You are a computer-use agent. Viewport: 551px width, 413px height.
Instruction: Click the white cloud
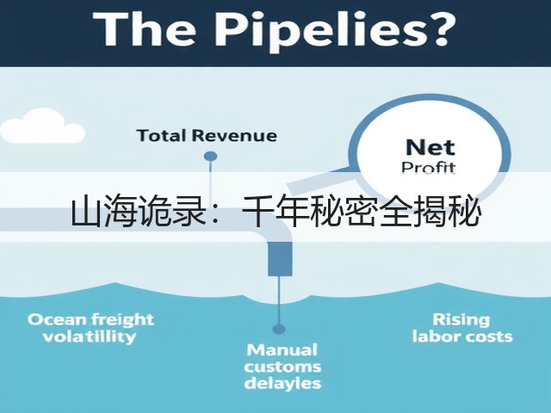click(x=41, y=126)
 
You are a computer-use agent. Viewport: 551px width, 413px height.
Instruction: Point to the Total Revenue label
click(x=207, y=136)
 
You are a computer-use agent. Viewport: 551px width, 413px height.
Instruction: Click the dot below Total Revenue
click(x=210, y=156)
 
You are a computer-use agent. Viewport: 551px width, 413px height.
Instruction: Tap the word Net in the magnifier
click(x=430, y=147)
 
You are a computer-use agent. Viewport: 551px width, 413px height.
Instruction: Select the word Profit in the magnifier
click(x=429, y=167)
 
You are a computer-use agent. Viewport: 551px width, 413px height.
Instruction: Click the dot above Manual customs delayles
click(x=279, y=329)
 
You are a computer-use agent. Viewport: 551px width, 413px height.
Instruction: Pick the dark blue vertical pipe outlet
click(x=280, y=259)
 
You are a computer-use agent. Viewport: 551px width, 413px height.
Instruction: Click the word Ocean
click(x=57, y=320)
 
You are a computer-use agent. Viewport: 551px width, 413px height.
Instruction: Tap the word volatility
click(x=90, y=336)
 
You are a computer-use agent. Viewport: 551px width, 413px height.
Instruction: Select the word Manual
click(x=282, y=350)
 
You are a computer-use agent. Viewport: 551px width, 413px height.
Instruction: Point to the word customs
click(x=282, y=367)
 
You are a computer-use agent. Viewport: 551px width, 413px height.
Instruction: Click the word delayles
click(x=282, y=383)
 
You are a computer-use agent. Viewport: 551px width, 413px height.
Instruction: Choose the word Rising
click(x=461, y=320)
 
